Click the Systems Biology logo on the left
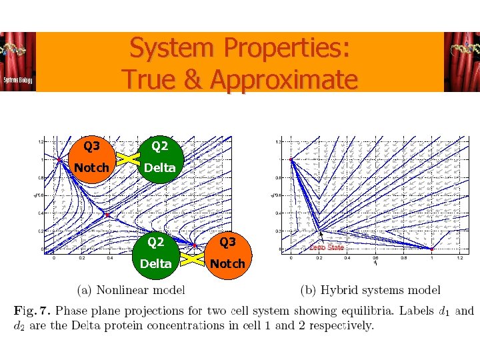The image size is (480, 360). click(18, 62)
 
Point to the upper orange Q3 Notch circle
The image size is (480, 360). click(91, 157)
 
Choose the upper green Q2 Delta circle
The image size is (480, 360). click(159, 157)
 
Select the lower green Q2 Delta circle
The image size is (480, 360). click(156, 253)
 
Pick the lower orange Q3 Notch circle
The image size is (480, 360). click(227, 253)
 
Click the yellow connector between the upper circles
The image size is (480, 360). click(125, 157)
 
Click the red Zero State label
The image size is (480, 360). click(326, 247)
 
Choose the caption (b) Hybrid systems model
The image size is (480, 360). click(371, 289)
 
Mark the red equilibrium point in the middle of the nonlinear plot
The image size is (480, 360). click(107, 215)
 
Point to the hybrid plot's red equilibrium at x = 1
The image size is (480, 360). click(431, 249)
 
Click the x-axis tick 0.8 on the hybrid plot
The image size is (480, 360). click(403, 257)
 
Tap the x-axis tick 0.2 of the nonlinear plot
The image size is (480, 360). click(82, 257)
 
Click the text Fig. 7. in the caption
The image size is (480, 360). click(35, 311)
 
